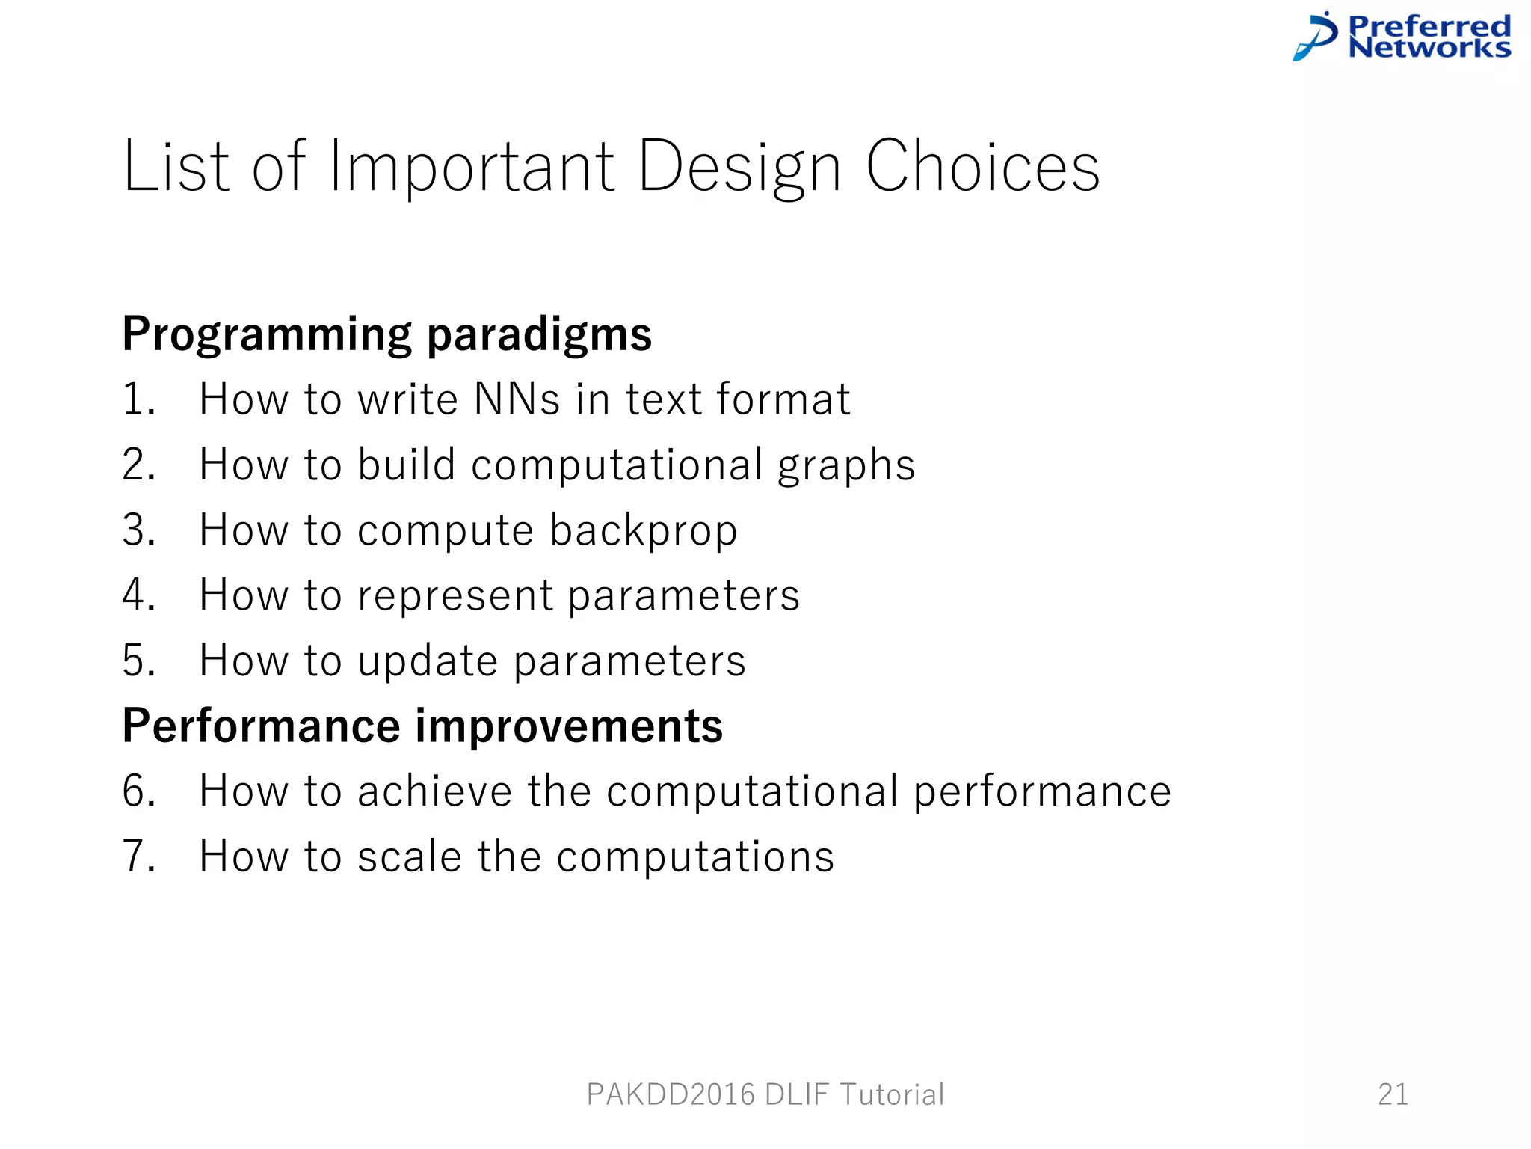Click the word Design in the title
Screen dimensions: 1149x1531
tap(739, 168)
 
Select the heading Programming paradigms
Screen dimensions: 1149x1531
tap(386, 334)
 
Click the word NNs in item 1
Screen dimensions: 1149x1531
tap(517, 399)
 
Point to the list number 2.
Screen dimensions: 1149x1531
tap(138, 465)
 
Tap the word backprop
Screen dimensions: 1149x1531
tap(643, 531)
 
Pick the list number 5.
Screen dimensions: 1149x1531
tap(138, 661)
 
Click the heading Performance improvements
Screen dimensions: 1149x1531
tap(422, 726)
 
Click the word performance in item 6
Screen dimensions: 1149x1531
tap(1042, 793)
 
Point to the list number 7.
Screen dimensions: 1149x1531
tap(138, 857)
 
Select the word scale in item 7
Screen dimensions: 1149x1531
tap(409, 857)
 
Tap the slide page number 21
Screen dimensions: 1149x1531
tap(1393, 1094)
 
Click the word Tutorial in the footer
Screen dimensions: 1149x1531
tap(892, 1094)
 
